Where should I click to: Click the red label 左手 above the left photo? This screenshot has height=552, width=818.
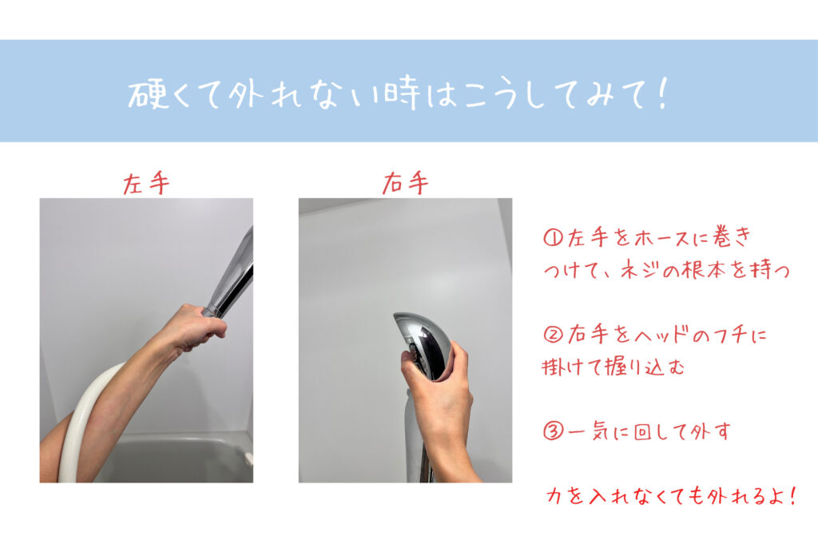pyautogui.click(x=146, y=184)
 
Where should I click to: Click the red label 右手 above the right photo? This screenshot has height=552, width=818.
pyautogui.click(x=405, y=183)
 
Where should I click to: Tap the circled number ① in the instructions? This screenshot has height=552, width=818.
pyautogui.click(x=553, y=238)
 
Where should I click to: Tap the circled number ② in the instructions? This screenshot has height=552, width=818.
pyautogui.click(x=553, y=334)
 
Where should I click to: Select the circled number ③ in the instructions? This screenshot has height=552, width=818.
pyautogui.click(x=553, y=431)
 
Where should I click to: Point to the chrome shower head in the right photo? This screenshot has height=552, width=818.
pyautogui.click(x=422, y=345)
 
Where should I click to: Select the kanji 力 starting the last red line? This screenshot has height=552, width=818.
pyautogui.click(x=554, y=495)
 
